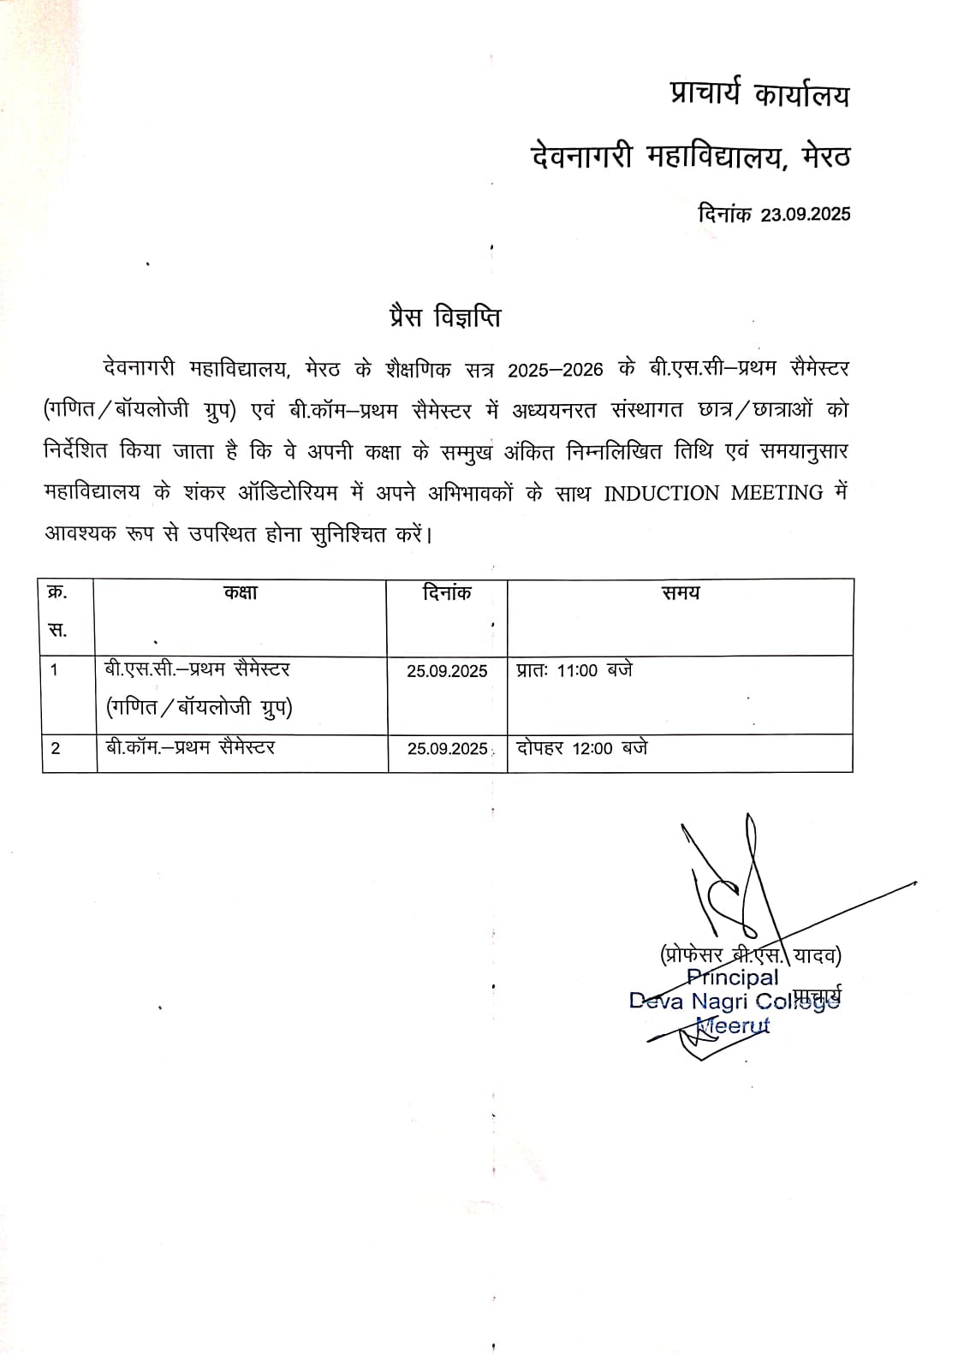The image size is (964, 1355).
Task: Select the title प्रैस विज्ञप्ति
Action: coord(442,318)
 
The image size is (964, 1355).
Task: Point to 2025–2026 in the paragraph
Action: coord(556,370)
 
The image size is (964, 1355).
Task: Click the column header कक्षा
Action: coord(241,592)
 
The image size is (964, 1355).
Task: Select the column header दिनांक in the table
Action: coord(447,592)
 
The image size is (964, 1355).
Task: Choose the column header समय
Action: coord(681,592)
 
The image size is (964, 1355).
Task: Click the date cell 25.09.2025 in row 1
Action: coord(447,671)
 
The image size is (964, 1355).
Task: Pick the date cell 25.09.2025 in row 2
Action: coord(447,749)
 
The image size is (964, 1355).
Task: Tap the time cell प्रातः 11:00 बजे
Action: coord(574,670)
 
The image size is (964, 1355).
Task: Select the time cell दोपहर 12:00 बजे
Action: coord(582,748)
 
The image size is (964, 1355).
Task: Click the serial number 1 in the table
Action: coord(55,670)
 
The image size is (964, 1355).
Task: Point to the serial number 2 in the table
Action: coord(56,749)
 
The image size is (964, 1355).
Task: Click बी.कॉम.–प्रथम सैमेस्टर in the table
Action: coord(191,748)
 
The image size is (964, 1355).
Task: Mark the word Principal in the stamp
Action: coord(734,978)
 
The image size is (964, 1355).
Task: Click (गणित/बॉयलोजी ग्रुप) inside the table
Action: coord(199,709)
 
